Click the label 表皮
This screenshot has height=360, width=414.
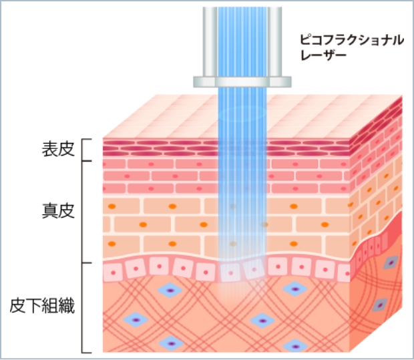tap(55, 150)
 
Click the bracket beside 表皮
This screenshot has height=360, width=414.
tap(85, 150)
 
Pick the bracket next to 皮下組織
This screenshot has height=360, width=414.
tap(85, 307)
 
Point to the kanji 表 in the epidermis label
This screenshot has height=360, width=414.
tap(47, 150)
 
